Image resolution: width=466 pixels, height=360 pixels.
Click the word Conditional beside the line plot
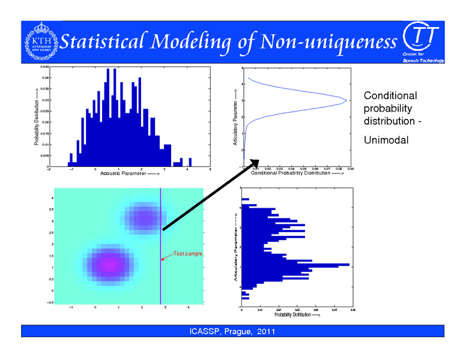click(x=390, y=96)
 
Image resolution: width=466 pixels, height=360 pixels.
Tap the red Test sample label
click(x=189, y=254)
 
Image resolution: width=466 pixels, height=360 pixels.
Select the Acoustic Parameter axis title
click(x=130, y=173)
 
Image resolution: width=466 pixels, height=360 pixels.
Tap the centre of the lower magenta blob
click(x=108, y=263)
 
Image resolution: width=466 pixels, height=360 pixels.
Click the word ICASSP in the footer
click(x=204, y=332)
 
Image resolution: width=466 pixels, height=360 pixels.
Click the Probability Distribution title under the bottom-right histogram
click(x=294, y=315)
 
